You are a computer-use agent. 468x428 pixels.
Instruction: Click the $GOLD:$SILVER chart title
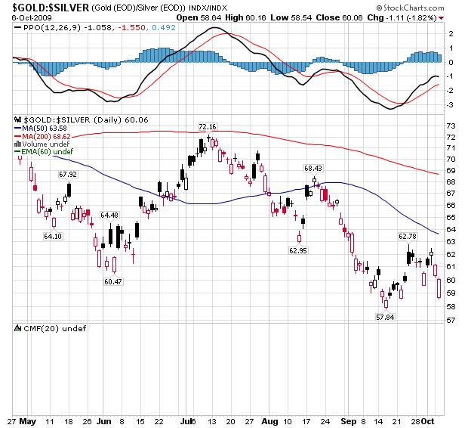pyautogui.click(x=45, y=7)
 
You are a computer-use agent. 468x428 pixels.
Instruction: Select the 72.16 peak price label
pyautogui.click(x=207, y=127)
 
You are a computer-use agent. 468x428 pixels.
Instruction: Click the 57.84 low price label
pyautogui.click(x=386, y=317)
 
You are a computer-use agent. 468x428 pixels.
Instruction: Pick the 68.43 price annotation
pyautogui.click(x=313, y=168)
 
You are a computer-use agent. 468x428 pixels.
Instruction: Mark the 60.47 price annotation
pyautogui.click(x=112, y=281)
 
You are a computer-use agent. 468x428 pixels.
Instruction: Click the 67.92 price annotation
pyautogui.click(x=68, y=175)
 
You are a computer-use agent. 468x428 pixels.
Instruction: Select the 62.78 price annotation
pyautogui.click(x=408, y=236)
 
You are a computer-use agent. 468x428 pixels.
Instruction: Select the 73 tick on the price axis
pyautogui.click(x=450, y=126)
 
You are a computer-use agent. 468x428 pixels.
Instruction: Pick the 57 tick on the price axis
pyautogui.click(x=450, y=321)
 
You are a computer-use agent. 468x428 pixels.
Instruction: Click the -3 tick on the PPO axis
pyautogui.click(x=450, y=105)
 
